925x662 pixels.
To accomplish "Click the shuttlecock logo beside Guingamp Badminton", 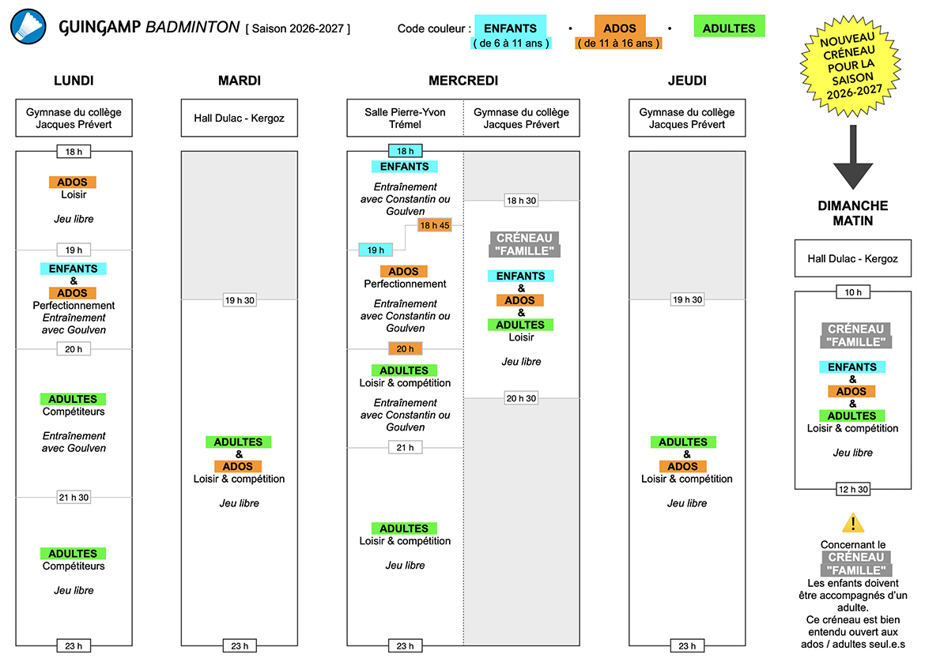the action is tap(28, 27).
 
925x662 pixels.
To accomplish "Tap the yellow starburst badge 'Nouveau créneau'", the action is tap(850, 66).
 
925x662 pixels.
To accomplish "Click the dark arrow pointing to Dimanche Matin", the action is tap(853, 156).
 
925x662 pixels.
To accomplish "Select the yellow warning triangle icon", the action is tap(853, 523).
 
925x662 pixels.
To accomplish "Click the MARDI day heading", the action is tap(240, 81).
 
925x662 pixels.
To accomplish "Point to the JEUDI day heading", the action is tap(687, 81).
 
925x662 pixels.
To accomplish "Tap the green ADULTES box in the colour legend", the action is tap(729, 27).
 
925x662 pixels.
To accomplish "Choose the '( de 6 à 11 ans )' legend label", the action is tap(512, 43).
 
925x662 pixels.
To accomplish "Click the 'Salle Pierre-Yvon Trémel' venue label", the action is tap(406, 118).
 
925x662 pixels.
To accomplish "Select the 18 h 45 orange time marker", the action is tap(435, 225).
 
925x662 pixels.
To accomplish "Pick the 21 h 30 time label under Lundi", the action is tap(74, 497).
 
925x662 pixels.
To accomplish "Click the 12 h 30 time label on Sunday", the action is tap(853, 489).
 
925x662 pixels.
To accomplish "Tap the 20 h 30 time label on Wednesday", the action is tap(522, 398).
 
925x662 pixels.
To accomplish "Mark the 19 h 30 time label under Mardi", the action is tap(240, 300).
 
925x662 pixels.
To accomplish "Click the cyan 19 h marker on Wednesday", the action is tap(376, 250).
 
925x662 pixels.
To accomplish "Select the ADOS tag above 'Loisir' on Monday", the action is tap(73, 182).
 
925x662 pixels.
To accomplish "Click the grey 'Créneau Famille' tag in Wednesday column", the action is tap(524, 244).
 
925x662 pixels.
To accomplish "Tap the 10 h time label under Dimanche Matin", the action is tap(853, 292).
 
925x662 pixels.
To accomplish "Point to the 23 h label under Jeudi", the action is tap(687, 646).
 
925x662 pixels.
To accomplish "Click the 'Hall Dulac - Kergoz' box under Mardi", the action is tap(240, 118).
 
